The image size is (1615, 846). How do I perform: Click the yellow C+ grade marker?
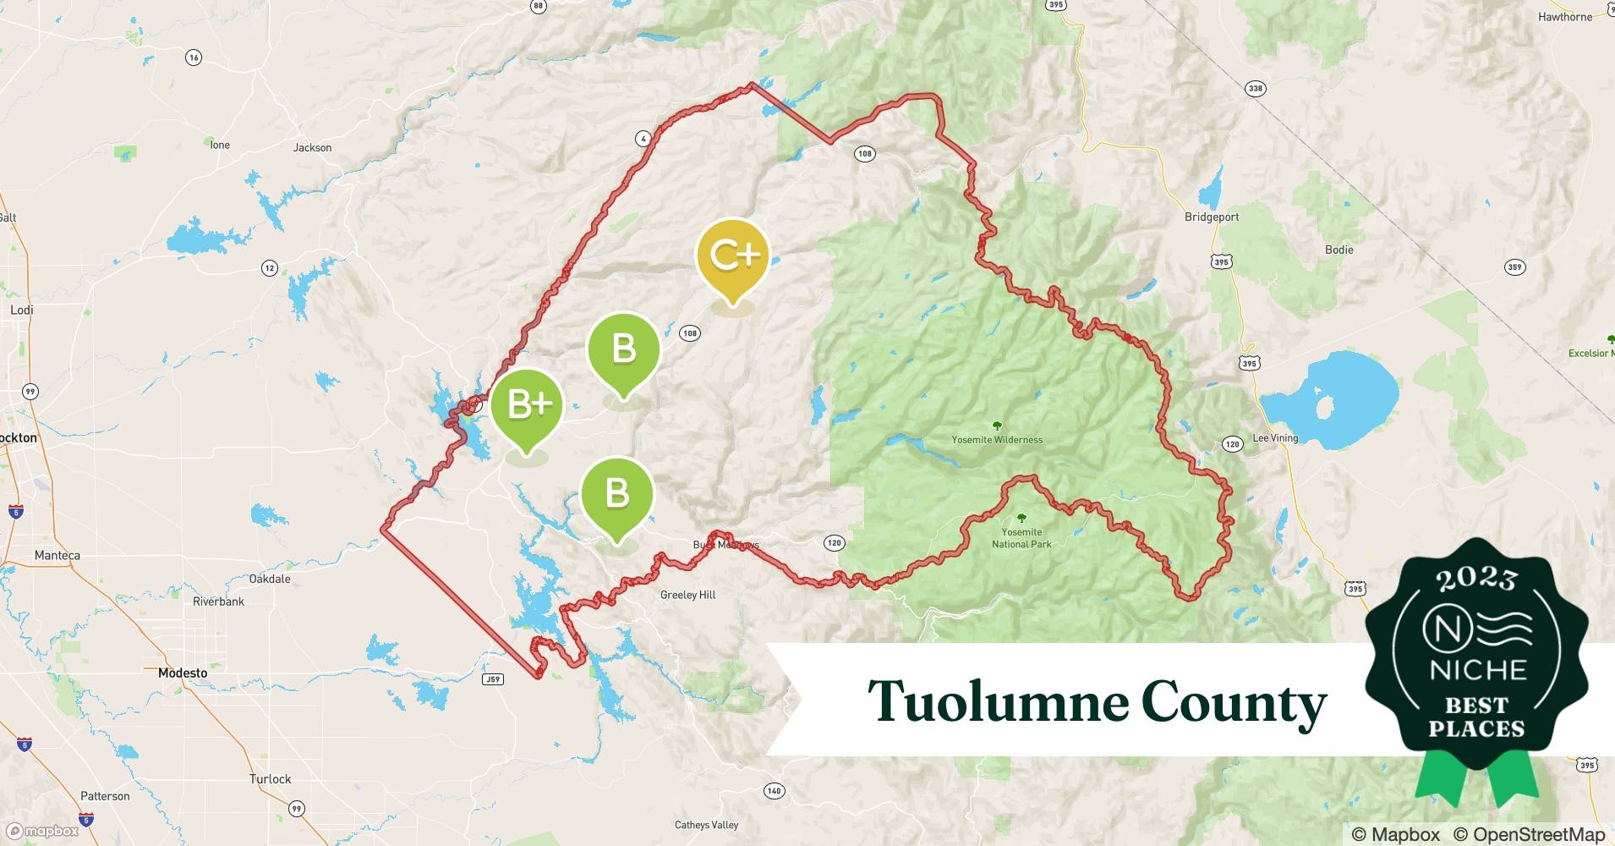click(732, 256)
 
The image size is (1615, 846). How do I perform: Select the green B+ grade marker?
click(527, 406)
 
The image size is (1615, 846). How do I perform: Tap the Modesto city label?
click(183, 673)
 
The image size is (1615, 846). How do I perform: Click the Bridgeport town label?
click(1211, 217)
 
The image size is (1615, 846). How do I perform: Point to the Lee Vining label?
click(1275, 438)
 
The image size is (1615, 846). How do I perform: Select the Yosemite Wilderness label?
click(997, 440)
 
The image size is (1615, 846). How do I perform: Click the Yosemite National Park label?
click(1021, 538)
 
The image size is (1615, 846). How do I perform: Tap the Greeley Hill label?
click(687, 595)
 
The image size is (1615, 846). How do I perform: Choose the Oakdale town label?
click(270, 580)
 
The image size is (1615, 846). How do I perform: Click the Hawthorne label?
click(1565, 17)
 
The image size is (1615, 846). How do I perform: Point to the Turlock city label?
click(270, 779)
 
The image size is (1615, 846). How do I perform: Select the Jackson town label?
click(312, 148)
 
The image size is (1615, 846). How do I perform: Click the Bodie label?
click(1339, 250)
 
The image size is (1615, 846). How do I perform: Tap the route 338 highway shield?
click(1256, 89)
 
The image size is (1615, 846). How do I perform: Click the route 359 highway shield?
click(1514, 267)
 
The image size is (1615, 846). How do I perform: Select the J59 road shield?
click(492, 679)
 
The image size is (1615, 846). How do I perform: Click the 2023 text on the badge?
click(1475, 578)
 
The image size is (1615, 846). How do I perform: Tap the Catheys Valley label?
click(706, 825)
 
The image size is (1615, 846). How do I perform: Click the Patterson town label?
click(105, 797)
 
